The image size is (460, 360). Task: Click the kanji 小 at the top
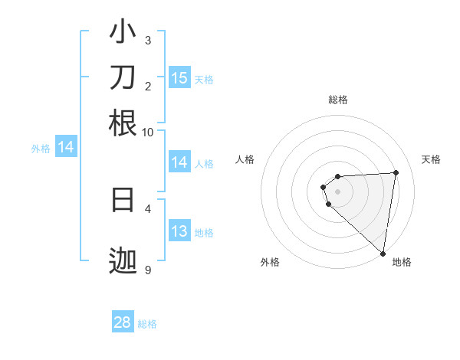click(x=123, y=34)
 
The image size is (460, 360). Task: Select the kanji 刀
click(x=123, y=78)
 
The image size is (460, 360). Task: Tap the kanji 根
click(x=123, y=123)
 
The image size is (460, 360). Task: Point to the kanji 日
click(x=123, y=199)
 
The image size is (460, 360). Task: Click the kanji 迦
click(x=123, y=262)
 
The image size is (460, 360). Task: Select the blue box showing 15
click(x=179, y=77)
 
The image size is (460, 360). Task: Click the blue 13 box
click(x=179, y=231)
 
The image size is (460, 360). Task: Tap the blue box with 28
click(x=123, y=322)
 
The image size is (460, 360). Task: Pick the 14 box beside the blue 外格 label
click(x=66, y=147)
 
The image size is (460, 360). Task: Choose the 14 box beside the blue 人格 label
click(x=179, y=162)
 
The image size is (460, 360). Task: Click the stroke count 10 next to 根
click(x=147, y=132)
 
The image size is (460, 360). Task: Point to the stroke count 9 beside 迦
click(x=147, y=270)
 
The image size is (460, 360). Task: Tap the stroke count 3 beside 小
click(x=147, y=40)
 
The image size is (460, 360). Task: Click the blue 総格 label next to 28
click(x=147, y=324)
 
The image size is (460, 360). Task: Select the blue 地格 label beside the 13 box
click(x=204, y=233)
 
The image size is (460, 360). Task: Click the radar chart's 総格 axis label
click(x=338, y=100)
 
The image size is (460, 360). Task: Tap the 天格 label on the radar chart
click(x=431, y=159)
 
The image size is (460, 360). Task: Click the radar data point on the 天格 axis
click(x=396, y=172)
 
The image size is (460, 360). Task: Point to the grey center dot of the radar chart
click(x=338, y=191)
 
